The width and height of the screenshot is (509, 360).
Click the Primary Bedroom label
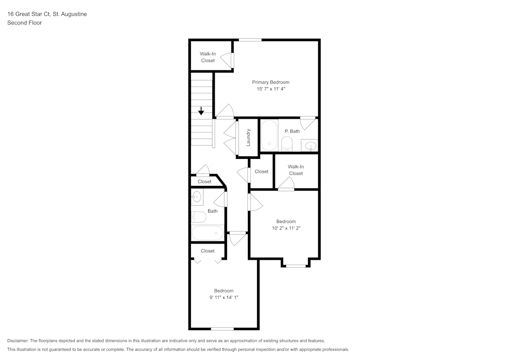point(271,82)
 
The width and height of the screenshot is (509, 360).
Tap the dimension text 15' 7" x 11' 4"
point(271,89)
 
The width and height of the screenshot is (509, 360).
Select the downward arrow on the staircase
point(202,110)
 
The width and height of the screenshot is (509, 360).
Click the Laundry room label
point(248,137)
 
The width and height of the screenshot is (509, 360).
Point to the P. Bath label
point(292,131)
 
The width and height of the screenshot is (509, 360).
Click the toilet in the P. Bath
point(287,144)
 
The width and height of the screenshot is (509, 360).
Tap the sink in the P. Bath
point(309,146)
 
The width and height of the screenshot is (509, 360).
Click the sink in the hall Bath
point(197,196)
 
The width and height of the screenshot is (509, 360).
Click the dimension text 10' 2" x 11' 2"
point(286,229)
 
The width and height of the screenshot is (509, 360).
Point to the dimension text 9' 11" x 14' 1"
point(224,297)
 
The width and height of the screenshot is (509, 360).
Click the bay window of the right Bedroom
point(296,265)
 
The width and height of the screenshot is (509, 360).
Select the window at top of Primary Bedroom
point(250,40)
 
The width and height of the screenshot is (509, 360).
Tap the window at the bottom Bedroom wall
point(222,328)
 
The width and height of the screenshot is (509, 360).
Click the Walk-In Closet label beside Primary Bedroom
point(208,57)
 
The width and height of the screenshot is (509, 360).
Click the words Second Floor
point(24,23)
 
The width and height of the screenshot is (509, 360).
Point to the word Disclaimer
point(18,341)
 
